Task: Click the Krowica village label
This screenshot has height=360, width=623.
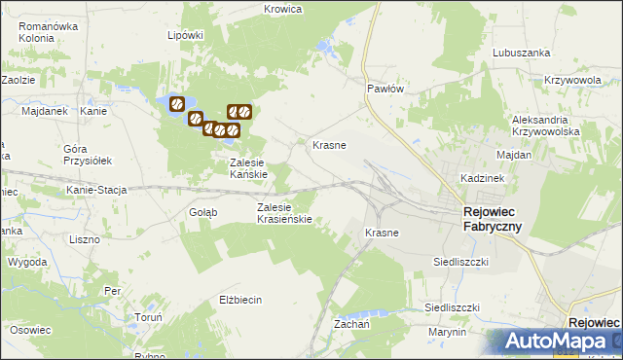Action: pyautogui.click(x=283, y=9)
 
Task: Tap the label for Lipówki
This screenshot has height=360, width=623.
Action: pyautogui.click(x=185, y=34)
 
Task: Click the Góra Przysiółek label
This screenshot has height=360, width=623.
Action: pyautogui.click(x=88, y=154)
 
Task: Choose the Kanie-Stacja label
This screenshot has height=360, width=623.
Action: pyautogui.click(x=96, y=190)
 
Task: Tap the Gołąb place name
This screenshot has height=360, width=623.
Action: pyautogui.click(x=202, y=211)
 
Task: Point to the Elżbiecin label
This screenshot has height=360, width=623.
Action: pyautogui.click(x=241, y=300)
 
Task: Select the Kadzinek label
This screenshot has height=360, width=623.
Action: pyautogui.click(x=481, y=180)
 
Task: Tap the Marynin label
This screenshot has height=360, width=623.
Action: pyautogui.click(x=447, y=332)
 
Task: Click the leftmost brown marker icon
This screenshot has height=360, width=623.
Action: pyautogui.click(x=177, y=104)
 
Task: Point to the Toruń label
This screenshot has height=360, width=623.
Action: pyautogui.click(x=148, y=317)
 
